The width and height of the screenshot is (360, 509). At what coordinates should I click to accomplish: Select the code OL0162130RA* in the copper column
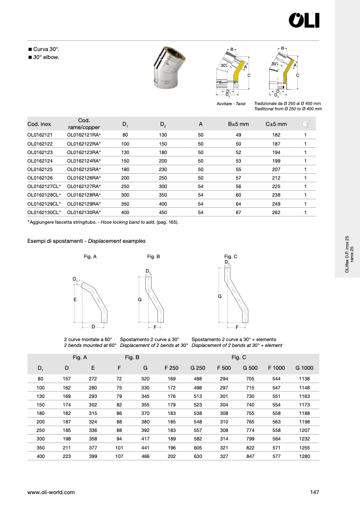[x=84, y=212]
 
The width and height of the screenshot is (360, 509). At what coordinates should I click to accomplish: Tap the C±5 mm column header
[x=276, y=124]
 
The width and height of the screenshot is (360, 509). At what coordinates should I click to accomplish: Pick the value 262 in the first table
[x=276, y=212]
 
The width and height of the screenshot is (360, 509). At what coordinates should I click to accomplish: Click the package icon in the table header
[x=305, y=124]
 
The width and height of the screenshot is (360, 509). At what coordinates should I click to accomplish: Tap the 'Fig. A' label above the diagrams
[x=90, y=257]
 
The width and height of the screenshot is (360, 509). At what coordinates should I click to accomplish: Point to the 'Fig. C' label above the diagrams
[x=231, y=257]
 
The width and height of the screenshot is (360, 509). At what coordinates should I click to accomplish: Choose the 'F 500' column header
[x=223, y=368]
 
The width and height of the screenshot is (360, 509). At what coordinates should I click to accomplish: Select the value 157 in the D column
[x=66, y=378]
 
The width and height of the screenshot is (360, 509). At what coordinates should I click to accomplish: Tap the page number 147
[x=314, y=493]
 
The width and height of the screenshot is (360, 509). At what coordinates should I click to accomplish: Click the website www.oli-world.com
[x=51, y=493]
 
